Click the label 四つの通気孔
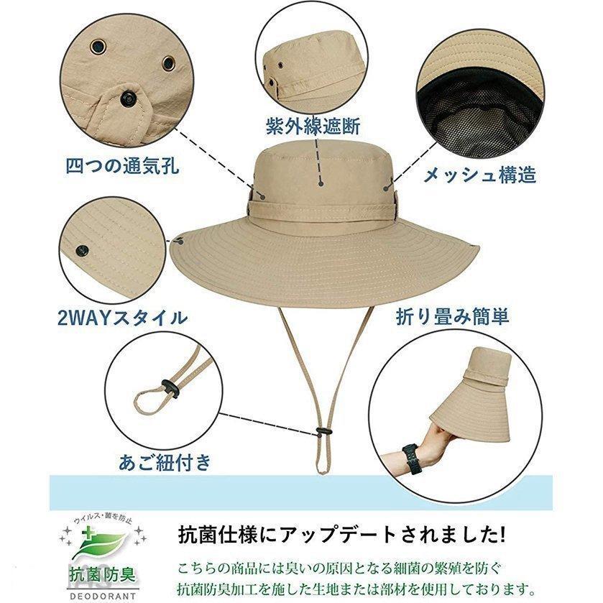click(x=123, y=166)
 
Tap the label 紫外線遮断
click(x=313, y=126)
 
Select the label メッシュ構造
click(x=479, y=175)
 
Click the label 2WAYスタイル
click(x=123, y=318)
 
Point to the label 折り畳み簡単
click(x=453, y=317)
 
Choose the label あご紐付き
click(x=165, y=462)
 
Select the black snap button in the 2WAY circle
click(x=82, y=252)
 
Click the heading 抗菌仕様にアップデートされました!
click(x=342, y=535)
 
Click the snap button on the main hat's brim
click(x=180, y=241)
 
